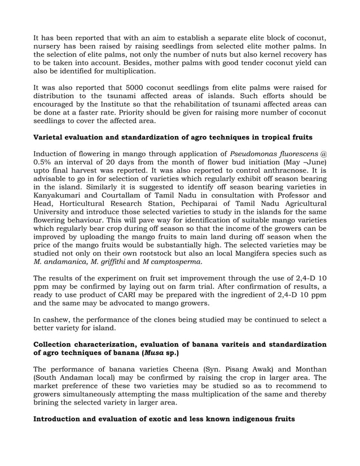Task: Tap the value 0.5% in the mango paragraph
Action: point(45,163)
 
